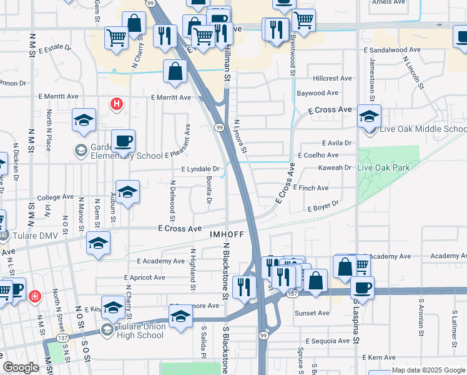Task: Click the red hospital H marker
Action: pos(116,104)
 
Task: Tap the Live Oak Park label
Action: pos(383,167)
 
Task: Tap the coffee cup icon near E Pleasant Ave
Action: pos(123,141)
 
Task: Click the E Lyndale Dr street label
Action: pos(200,169)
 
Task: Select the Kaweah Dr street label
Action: pos(335,167)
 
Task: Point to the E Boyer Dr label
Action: pos(322,204)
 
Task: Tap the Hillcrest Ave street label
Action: pos(333,79)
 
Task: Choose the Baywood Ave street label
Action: pos(317,93)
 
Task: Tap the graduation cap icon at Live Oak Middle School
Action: pos(369,116)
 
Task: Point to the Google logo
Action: pos(21,367)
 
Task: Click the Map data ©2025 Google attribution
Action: pos(428,370)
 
